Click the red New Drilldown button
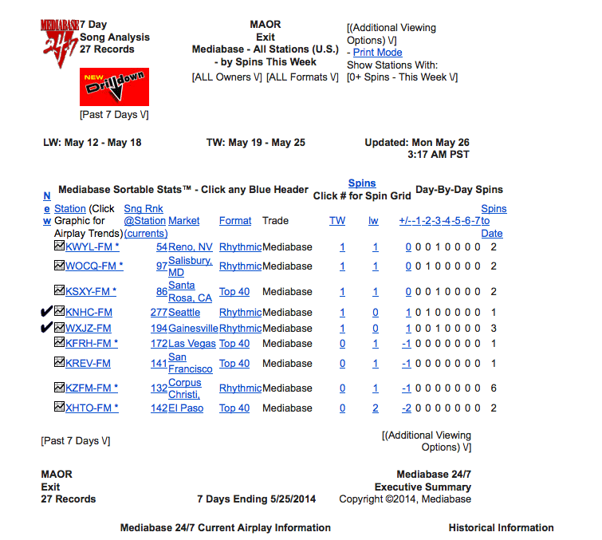pyautogui.click(x=114, y=87)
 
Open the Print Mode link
pyautogui.click(x=377, y=53)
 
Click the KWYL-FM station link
pyautogui.click(x=92, y=247)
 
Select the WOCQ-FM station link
pyautogui.click(x=94, y=266)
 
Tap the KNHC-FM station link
pyautogui.click(x=89, y=313)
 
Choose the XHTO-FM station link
pyautogui.click(x=92, y=408)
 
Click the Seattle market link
pyautogui.click(x=184, y=313)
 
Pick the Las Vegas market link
pyautogui.click(x=191, y=344)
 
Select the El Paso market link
pyautogui.click(x=185, y=408)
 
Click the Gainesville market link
pyautogui.click(x=193, y=329)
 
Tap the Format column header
pyautogui.click(x=235, y=221)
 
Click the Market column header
pyautogui.click(x=184, y=221)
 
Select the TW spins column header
pyautogui.click(x=337, y=221)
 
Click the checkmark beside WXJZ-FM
pyautogui.click(x=46, y=328)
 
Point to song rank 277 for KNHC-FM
pyautogui.click(x=159, y=313)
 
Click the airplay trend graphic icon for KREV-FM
pyautogui.click(x=59, y=363)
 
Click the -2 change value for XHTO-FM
pyautogui.click(x=406, y=408)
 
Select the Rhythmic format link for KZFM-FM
pyautogui.click(x=240, y=388)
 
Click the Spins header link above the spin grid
pyautogui.click(x=362, y=183)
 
